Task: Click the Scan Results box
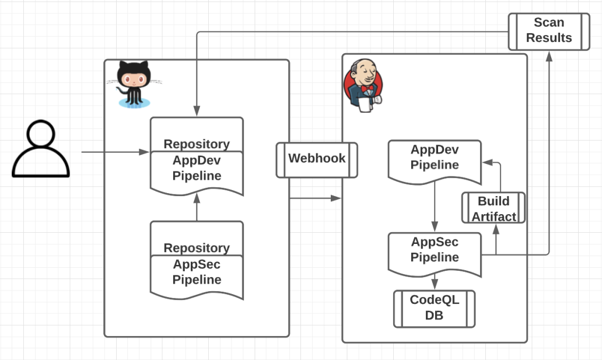(x=549, y=30)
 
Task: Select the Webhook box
(x=317, y=159)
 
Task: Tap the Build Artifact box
(x=494, y=208)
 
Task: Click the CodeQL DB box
(x=435, y=308)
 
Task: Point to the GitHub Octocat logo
(x=134, y=83)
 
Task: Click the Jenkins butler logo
(x=362, y=83)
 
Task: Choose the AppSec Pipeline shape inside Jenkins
(x=435, y=251)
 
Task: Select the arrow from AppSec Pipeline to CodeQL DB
(x=435, y=282)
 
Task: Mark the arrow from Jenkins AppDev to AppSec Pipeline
(x=435, y=207)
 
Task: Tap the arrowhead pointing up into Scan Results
(x=549, y=55)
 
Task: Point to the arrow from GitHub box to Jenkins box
(x=315, y=198)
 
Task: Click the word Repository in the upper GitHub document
(x=197, y=144)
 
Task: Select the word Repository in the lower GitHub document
(x=197, y=248)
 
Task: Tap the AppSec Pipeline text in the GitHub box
(x=197, y=272)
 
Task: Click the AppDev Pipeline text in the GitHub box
(x=197, y=168)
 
